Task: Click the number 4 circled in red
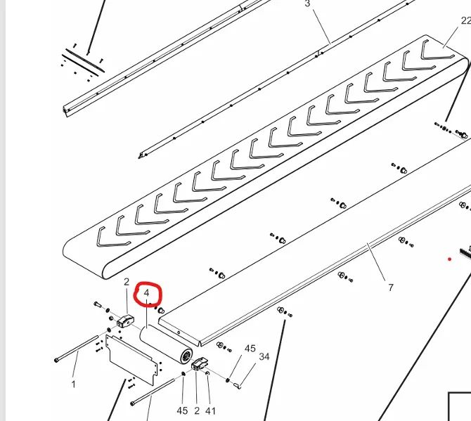[x=147, y=293]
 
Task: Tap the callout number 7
[x=390, y=287]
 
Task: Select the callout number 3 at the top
[x=307, y=4]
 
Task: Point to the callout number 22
[x=465, y=20]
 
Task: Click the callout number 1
[x=74, y=384]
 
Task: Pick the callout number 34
[x=264, y=357]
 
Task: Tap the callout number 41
[x=210, y=410]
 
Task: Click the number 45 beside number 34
[x=250, y=349]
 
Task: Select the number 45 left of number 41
[x=182, y=410]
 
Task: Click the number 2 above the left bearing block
[x=127, y=282]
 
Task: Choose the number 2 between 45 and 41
[x=197, y=410]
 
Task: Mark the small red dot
[x=450, y=259]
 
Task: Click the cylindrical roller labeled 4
[x=166, y=344]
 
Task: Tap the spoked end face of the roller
[x=186, y=357]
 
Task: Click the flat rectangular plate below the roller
[x=131, y=360]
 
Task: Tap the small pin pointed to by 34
[x=237, y=385]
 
